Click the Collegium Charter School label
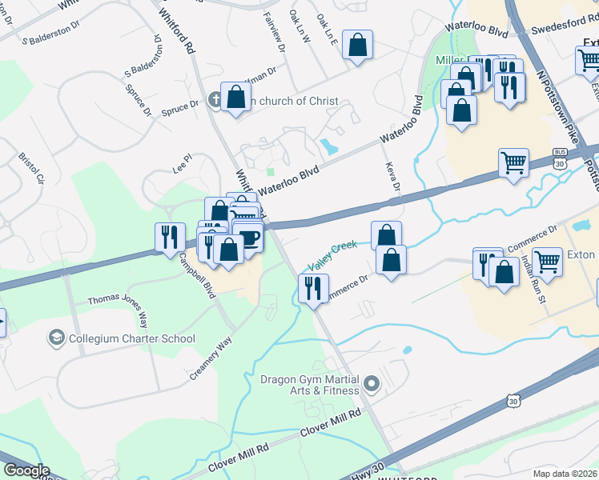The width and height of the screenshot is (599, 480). pos(131,338)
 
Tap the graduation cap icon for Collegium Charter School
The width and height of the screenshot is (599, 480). pos(55,338)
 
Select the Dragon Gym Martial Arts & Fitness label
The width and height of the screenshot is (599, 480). pos(310,384)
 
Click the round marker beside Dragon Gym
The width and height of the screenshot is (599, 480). pos(370,385)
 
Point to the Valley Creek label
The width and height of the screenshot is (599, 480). pos(333,254)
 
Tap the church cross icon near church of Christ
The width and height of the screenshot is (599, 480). pos(215,100)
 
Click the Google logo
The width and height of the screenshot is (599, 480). pos(26,470)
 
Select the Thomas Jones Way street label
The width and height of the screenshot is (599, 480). pos(118,309)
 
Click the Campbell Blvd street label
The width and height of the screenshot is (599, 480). pos(197,276)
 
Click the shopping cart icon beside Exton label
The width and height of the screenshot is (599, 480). pos(548,260)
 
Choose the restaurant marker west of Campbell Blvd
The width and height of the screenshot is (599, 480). pos(169,237)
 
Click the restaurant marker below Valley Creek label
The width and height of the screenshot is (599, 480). pos(312,286)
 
